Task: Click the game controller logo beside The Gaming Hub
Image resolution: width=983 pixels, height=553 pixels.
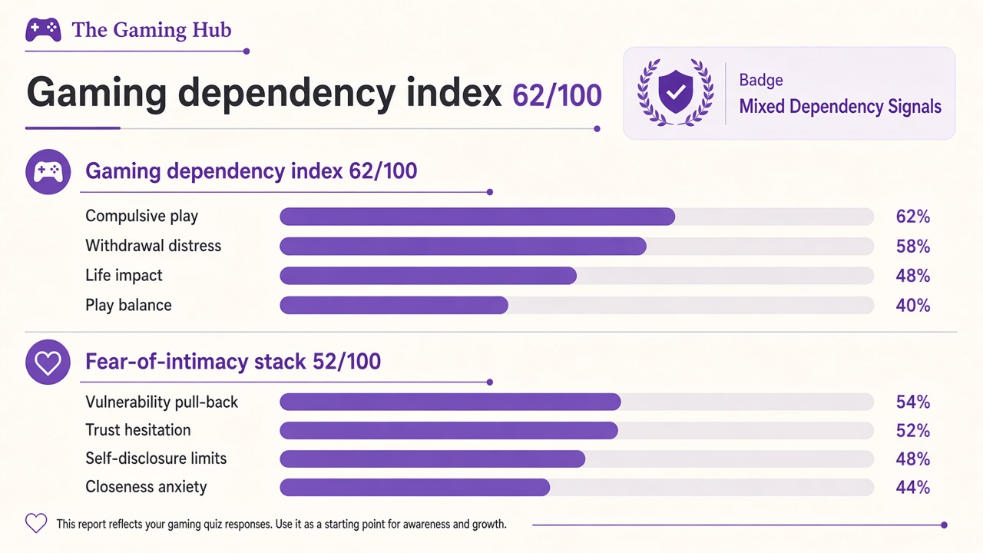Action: [43, 29]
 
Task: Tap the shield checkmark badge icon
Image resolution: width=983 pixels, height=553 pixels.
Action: [675, 92]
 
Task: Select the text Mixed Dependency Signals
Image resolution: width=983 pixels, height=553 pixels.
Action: [840, 107]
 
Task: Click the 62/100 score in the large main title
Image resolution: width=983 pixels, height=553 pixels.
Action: [557, 95]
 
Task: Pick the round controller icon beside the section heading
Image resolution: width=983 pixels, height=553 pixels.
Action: [48, 171]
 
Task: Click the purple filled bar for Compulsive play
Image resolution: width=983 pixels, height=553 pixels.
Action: [478, 217]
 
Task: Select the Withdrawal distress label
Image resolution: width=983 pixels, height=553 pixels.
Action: [153, 246]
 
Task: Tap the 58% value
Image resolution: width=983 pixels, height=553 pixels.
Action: [913, 247]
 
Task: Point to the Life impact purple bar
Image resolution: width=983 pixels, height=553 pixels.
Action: [429, 276]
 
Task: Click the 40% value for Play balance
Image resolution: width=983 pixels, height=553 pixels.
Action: [913, 306]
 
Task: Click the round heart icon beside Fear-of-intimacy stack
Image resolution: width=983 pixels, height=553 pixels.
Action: [48, 362]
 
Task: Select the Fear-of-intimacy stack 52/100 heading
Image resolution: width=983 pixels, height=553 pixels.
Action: [233, 362]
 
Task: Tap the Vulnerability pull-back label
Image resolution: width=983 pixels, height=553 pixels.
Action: [161, 402]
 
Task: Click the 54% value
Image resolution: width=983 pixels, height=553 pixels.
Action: [913, 402]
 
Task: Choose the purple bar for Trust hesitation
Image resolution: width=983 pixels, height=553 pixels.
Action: [449, 431]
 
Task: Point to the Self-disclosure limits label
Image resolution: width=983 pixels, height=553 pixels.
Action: [156, 459]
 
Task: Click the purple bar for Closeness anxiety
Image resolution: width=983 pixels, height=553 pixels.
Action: [415, 487]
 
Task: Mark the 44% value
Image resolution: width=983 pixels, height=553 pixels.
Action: [913, 487]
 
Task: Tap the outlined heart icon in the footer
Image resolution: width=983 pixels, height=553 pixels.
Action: [36, 523]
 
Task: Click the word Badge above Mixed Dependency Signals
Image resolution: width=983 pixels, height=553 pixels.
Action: [761, 81]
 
